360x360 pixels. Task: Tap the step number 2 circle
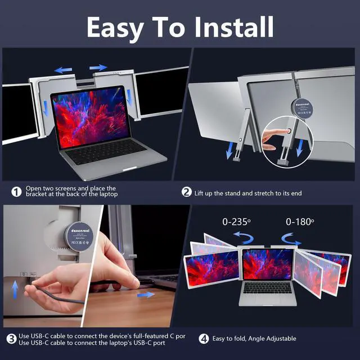pos(187,192)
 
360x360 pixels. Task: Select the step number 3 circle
pos(11,339)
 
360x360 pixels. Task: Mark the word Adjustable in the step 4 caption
pos(277,339)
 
